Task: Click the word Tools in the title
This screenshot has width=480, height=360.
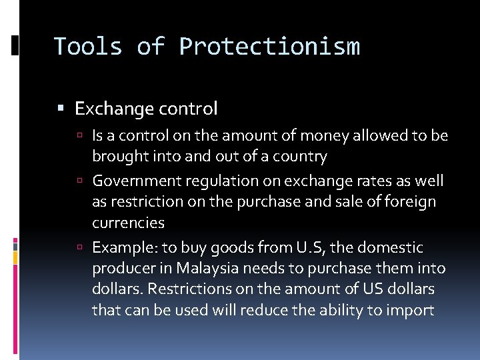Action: tap(88, 47)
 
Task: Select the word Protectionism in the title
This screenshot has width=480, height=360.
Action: tap(269, 47)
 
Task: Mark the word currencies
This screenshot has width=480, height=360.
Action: tap(128, 223)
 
